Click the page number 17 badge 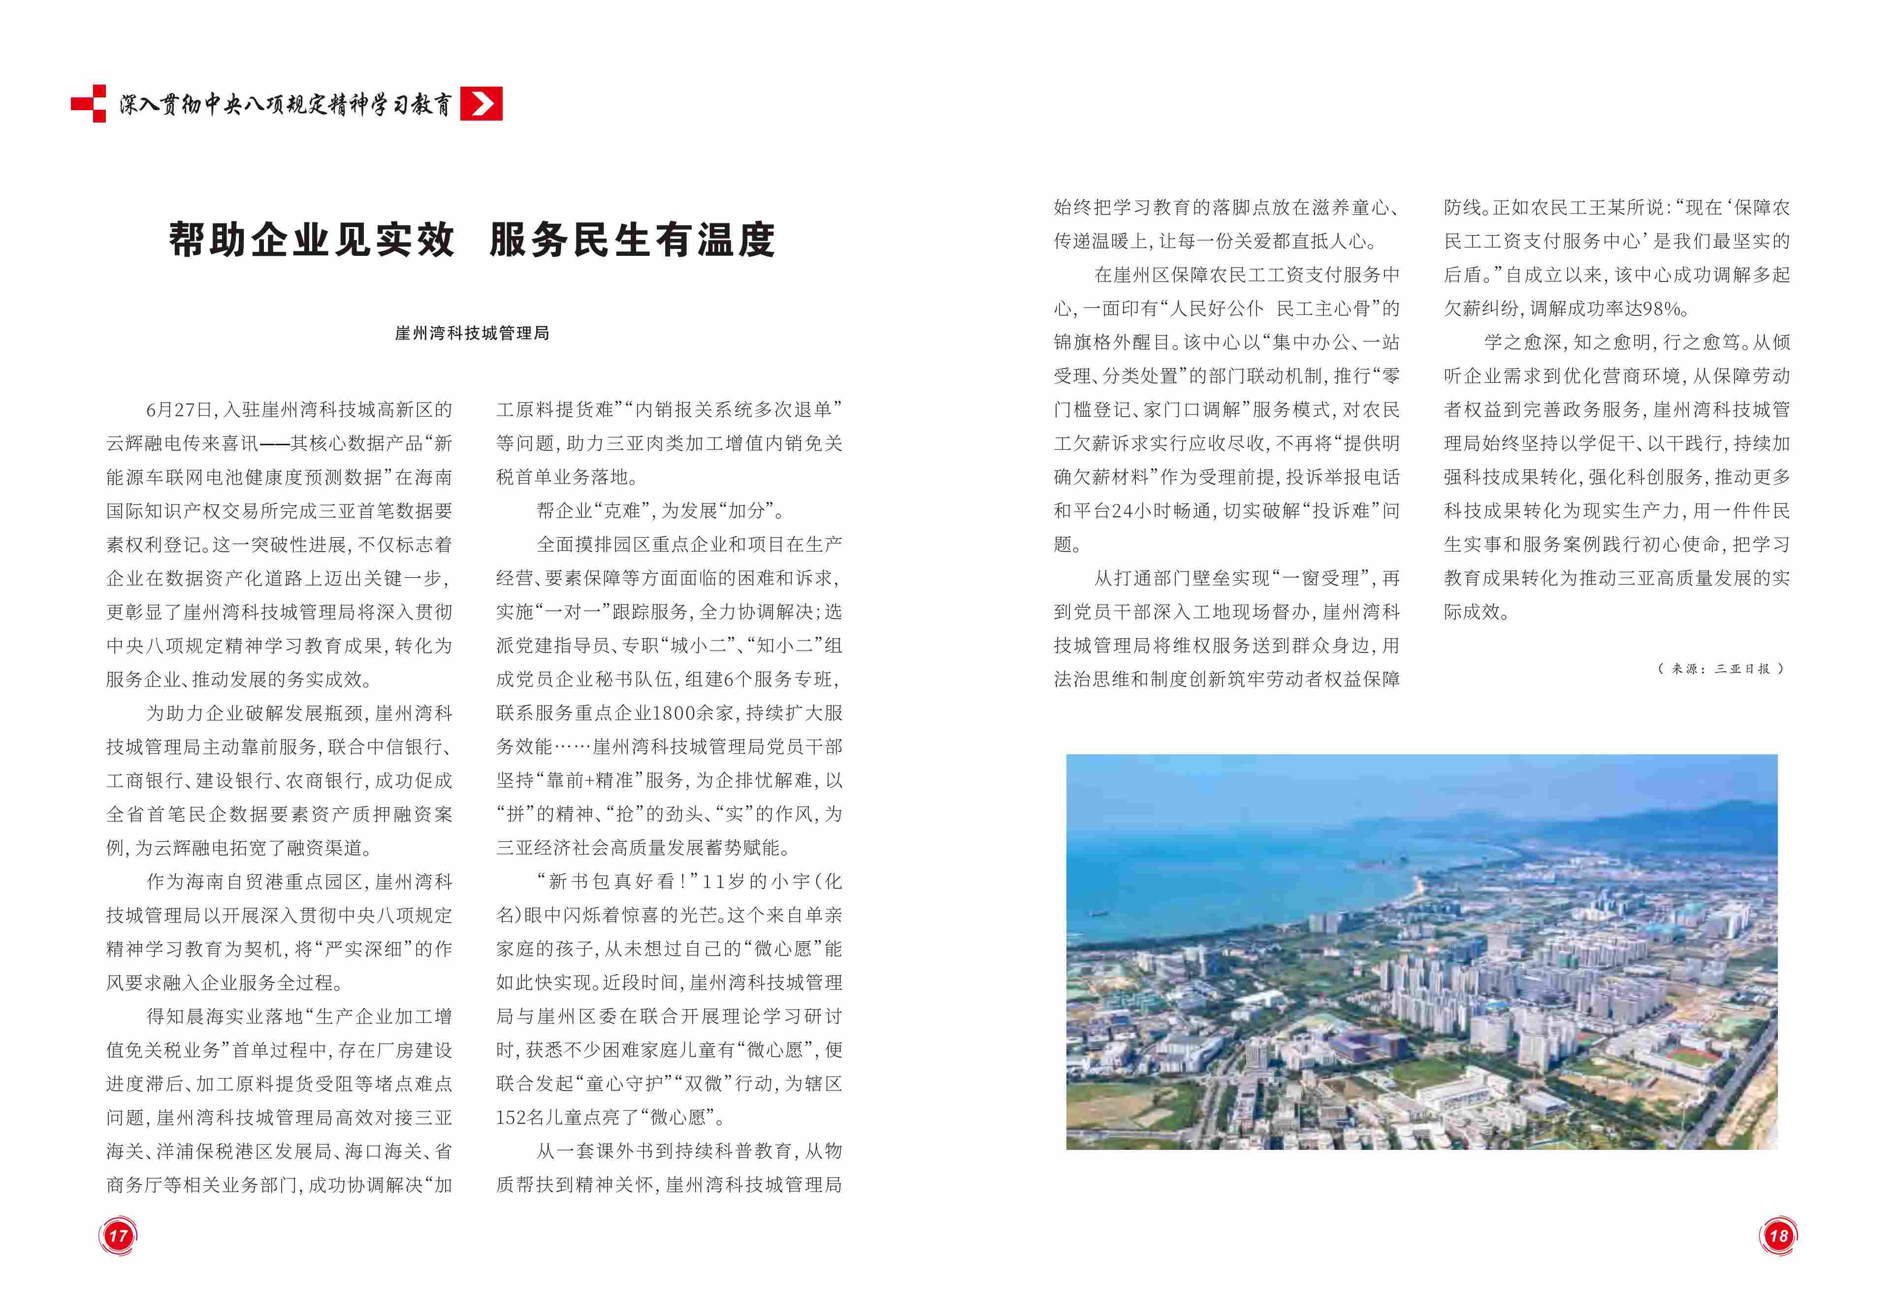point(119,1235)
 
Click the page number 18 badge point(1778,1235)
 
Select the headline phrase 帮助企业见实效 point(311,240)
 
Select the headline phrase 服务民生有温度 point(632,240)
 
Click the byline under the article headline point(472,333)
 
